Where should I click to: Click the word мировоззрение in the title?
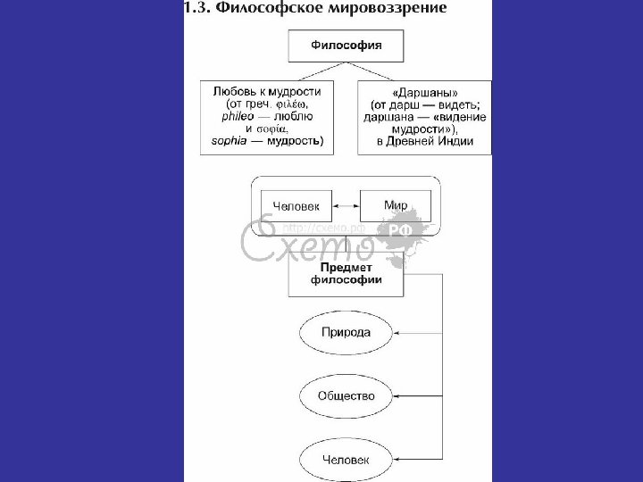[393, 8]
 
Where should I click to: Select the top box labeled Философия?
[345, 45]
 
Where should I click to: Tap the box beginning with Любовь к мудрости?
[268, 116]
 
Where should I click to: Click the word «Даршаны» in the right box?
[424, 91]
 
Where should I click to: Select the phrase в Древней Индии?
[424, 141]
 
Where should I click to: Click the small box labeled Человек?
[295, 206]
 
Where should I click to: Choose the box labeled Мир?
[395, 206]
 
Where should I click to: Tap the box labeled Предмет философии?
[345, 274]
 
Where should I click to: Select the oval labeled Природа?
[345, 332]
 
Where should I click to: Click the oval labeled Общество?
[345, 395]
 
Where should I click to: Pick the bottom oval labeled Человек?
[345, 460]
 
